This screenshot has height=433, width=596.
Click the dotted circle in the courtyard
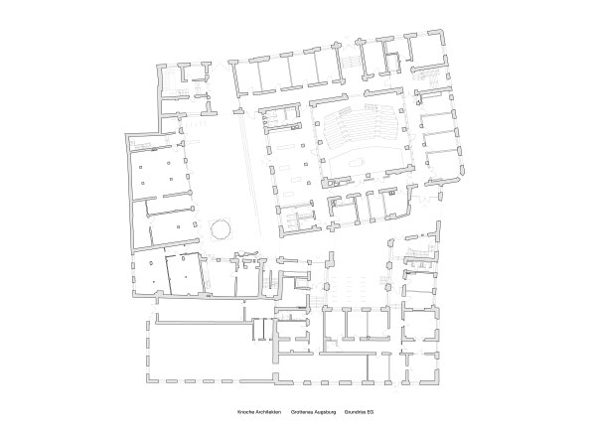click(221, 230)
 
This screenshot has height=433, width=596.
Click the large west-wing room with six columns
click(159, 170)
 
